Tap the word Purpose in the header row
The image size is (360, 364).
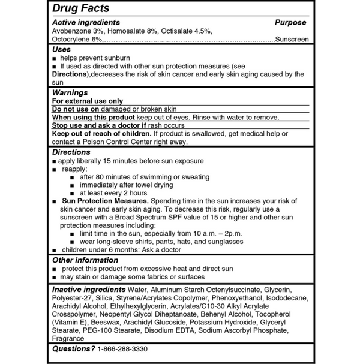[x=290, y=23]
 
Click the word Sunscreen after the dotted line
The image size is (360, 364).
[x=292, y=40]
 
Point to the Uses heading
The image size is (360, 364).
[x=61, y=49]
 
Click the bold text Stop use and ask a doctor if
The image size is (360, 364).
[x=100, y=126]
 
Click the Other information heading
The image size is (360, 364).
[x=85, y=260]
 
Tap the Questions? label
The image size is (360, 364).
[x=73, y=348]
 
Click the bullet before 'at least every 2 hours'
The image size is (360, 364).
[x=72, y=194]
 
